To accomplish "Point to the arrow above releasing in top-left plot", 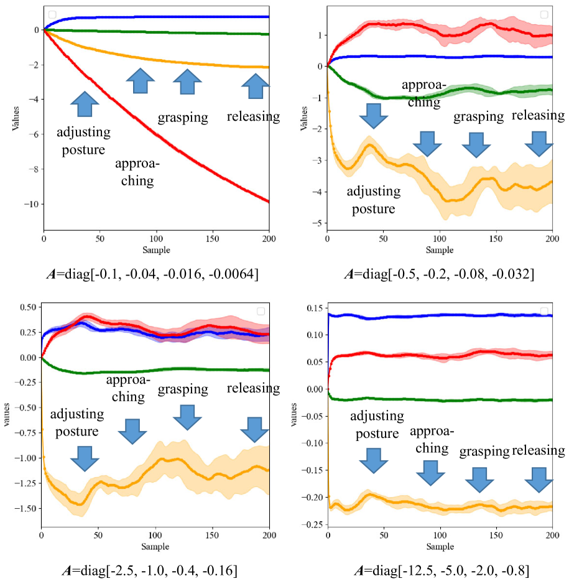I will pos(255,85).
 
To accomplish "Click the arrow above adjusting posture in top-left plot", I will pos(85,104).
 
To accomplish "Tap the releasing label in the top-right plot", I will pos(538,115).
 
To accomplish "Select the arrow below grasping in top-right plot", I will pos(478,144).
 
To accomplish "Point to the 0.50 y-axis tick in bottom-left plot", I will pos(27,307).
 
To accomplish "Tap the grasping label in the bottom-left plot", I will pos(183,389).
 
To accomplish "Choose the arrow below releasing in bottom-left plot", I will pos(254,430).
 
